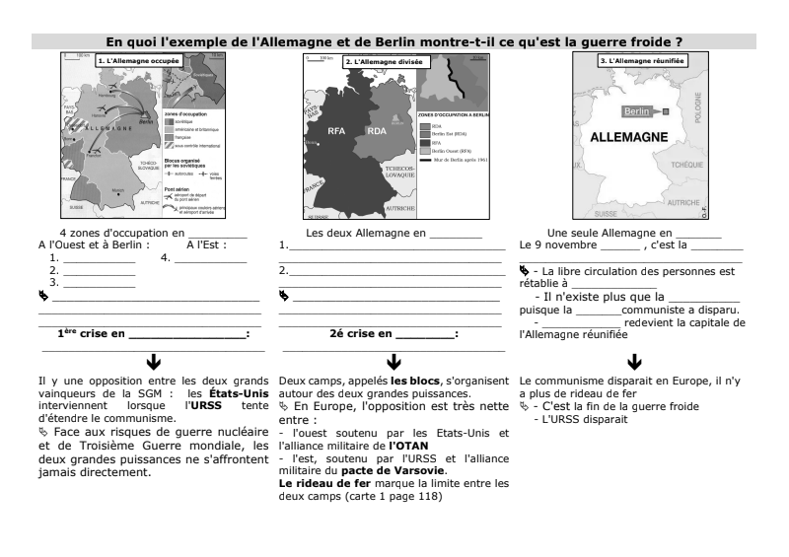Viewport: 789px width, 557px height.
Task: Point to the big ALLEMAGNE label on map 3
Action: point(632,139)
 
